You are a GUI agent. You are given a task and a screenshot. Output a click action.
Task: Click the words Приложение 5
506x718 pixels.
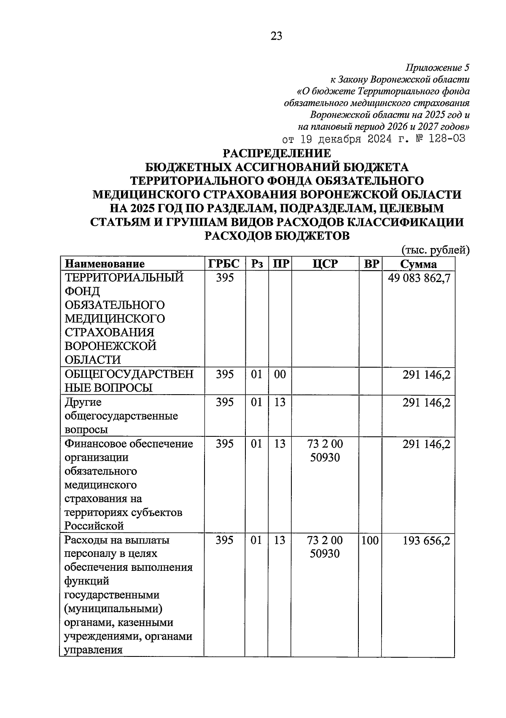coord(437,67)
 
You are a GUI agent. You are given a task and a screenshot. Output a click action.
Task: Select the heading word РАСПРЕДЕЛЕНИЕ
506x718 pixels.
coord(277,153)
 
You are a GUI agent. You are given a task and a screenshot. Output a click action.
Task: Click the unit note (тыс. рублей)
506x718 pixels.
coord(436,250)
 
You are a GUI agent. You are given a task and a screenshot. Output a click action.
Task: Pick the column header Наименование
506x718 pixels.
coord(104,264)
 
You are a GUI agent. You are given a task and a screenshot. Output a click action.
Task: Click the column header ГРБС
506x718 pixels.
coord(224,264)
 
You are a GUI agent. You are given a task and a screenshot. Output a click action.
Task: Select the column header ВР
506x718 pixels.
coord(371,264)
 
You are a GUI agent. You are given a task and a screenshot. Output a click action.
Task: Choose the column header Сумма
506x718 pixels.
coord(418,264)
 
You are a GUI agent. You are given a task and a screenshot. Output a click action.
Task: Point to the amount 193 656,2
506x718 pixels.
coord(426,541)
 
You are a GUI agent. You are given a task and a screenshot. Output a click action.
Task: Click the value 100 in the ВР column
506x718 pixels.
coord(370,541)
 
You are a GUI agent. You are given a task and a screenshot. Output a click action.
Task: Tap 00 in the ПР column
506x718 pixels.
coord(280,374)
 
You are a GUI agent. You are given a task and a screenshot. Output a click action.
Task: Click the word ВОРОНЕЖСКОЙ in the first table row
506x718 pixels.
coord(110,346)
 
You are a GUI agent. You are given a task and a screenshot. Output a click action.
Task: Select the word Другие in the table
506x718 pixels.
coord(83,402)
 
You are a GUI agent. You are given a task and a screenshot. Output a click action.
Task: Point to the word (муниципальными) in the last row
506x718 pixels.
coord(113,609)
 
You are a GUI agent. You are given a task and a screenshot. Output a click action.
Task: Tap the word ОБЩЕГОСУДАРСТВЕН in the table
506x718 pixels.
coord(129,374)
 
